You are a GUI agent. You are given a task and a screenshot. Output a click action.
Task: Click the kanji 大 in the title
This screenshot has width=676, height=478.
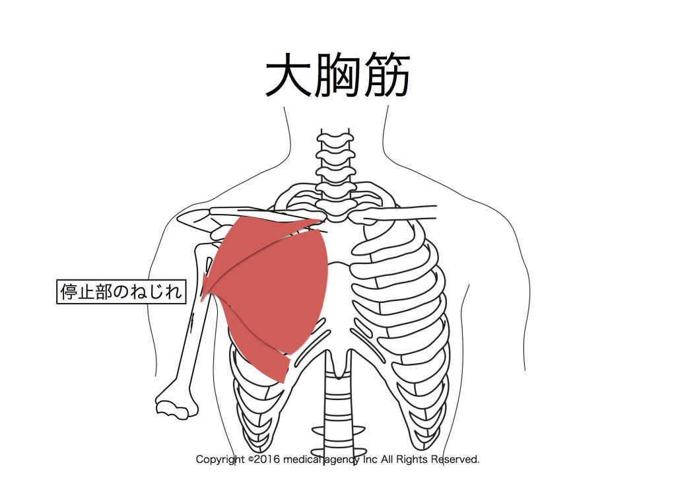[x=288, y=75]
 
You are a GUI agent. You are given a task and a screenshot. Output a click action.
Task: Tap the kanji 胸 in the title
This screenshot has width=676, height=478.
[x=338, y=75]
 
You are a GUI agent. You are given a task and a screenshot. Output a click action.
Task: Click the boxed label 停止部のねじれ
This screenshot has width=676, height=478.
[x=121, y=292]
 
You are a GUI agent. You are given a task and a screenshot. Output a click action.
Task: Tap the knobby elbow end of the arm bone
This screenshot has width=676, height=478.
[x=174, y=407]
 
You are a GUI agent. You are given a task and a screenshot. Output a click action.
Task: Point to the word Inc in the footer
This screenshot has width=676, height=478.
[x=370, y=460]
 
